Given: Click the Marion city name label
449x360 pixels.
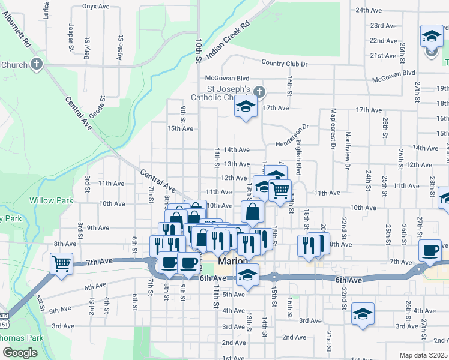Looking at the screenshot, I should point(233,262).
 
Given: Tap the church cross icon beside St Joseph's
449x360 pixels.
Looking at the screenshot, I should point(259,92).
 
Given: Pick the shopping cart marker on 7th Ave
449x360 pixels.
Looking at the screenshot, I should point(62,263).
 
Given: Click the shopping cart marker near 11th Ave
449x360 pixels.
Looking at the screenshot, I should point(280,190).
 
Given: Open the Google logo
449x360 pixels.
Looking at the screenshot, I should point(20,353).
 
